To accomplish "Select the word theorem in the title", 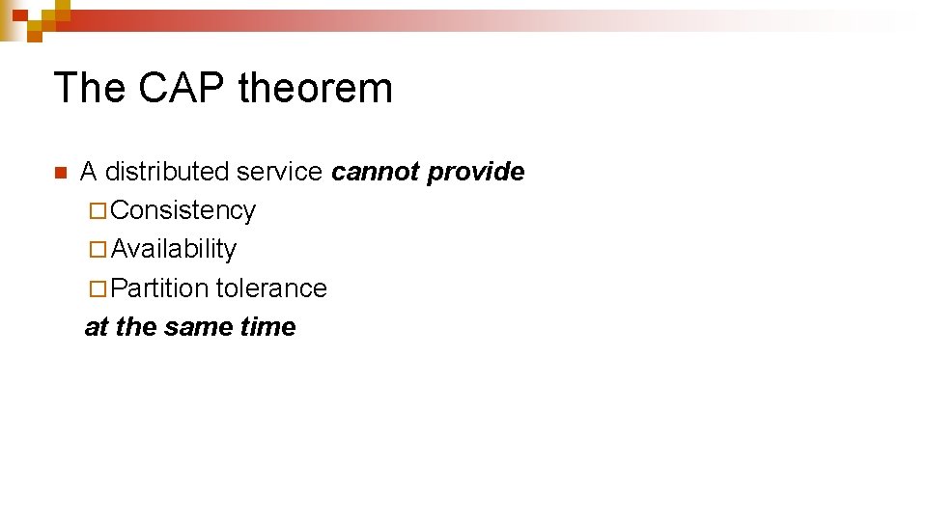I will pyautogui.click(x=316, y=88).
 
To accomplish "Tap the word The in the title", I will pyautogui.click(x=90, y=88).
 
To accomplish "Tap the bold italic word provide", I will pyautogui.click(x=476, y=173).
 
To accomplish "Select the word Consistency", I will pyautogui.click(x=183, y=210).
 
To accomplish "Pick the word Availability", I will pyautogui.click(x=174, y=250).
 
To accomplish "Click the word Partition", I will pyautogui.click(x=160, y=288).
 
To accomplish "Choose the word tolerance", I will pyautogui.click(x=271, y=288).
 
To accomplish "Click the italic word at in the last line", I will pyautogui.click(x=97, y=327).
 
